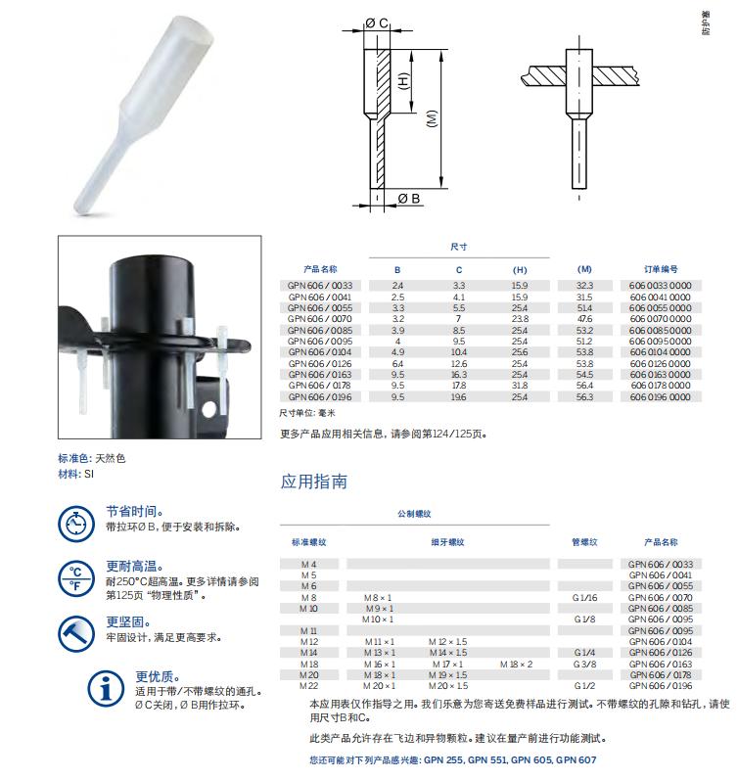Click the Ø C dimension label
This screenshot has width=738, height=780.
click(376, 23)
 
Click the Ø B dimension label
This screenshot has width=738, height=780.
click(409, 199)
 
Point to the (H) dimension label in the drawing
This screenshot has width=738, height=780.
click(403, 81)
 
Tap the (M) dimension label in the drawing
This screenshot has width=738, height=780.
click(432, 118)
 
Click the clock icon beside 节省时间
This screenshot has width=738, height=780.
click(76, 524)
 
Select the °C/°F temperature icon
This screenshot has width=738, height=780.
click(76, 578)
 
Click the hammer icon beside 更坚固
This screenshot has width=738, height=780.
click(76, 634)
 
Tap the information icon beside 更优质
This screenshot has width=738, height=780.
click(106, 688)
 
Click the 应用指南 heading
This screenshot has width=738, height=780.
click(313, 482)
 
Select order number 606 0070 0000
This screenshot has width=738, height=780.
click(661, 319)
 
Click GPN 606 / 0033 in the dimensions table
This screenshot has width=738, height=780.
click(320, 286)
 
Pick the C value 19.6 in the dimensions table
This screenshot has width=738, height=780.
click(459, 397)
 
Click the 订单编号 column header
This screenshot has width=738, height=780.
click(661, 269)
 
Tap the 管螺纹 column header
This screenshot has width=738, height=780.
click(584, 542)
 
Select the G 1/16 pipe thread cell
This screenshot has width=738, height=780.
click(584, 597)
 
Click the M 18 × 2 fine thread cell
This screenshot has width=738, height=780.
click(516, 665)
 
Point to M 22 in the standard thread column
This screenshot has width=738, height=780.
click(308, 685)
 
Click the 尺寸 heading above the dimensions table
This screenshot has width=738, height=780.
click(459, 247)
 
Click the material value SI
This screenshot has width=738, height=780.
click(89, 474)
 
